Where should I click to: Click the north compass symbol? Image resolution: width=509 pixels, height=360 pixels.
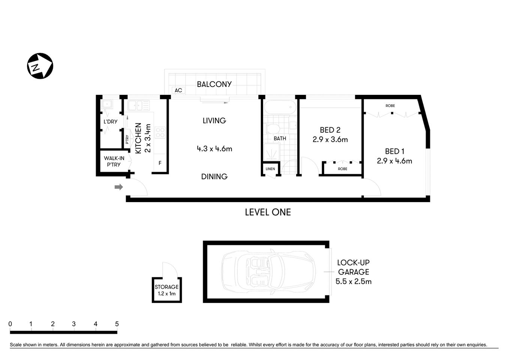pos(40,66)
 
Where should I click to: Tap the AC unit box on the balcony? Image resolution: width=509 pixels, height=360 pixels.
pos(178,90)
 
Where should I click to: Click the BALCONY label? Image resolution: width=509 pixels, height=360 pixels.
pos(214,84)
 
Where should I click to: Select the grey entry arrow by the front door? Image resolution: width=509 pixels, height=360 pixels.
pos(119,187)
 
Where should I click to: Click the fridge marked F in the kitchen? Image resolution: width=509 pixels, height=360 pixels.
pos(160,163)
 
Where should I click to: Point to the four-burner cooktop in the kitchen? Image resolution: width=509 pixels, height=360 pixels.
pos(160,132)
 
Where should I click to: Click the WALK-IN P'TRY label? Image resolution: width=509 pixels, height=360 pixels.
pos(114,162)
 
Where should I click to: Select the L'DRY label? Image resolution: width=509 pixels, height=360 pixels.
pos(110,121)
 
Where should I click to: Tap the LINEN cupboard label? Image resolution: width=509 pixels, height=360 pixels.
pos(270,169)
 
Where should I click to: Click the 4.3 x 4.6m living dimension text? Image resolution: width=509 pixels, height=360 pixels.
pos(214,149)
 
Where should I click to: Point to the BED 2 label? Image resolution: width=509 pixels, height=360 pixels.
pos(330,130)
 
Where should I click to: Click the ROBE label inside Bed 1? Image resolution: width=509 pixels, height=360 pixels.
pos(390,106)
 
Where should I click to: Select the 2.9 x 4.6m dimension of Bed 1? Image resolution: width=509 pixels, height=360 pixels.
pos(394,161)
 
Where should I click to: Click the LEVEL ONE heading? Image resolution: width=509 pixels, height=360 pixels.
pos(268,212)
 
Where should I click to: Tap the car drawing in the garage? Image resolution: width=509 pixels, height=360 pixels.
pos(268,271)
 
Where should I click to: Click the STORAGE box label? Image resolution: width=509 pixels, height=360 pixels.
pos(167,287)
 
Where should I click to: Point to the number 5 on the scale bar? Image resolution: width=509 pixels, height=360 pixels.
pos(117,324)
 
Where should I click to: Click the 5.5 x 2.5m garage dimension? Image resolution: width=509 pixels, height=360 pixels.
pos(353,282)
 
